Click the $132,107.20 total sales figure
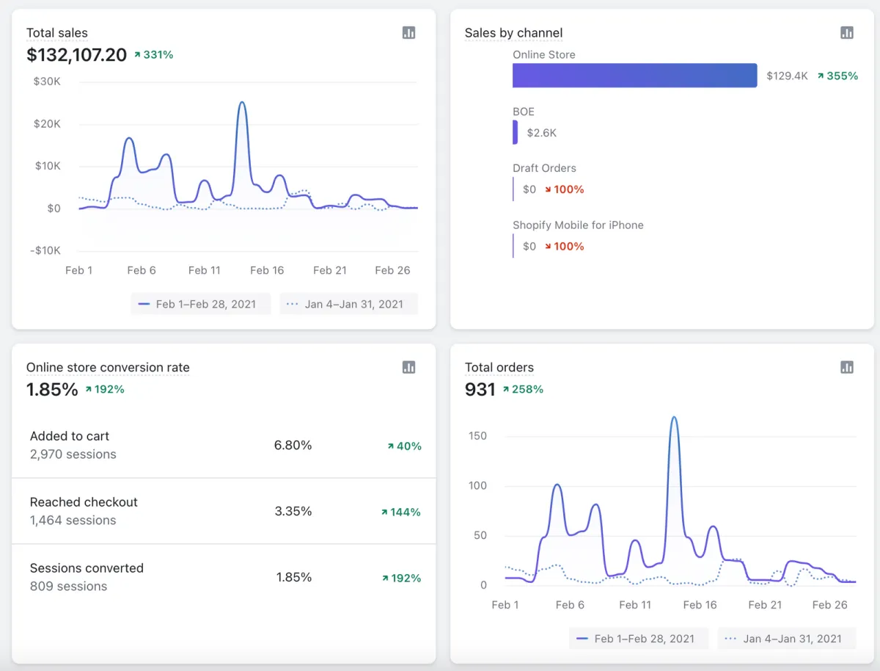[x=76, y=55]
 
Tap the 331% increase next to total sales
[x=154, y=55]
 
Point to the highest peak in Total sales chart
[x=241, y=103]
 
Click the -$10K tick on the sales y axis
[x=47, y=250]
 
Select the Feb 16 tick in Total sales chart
[x=267, y=270]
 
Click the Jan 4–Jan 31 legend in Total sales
[x=349, y=304]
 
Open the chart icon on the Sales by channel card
[x=846, y=33]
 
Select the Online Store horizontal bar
[x=634, y=76]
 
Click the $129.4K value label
[x=787, y=76]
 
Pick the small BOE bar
[x=515, y=133]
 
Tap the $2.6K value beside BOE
[x=542, y=133]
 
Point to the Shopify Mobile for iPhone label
[x=578, y=225]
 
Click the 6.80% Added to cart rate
[x=293, y=445]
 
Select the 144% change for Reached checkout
[x=401, y=512]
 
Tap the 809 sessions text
[x=68, y=586]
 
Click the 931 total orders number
[x=480, y=389]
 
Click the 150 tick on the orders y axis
[x=477, y=436]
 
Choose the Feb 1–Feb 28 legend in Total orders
[x=637, y=639]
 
